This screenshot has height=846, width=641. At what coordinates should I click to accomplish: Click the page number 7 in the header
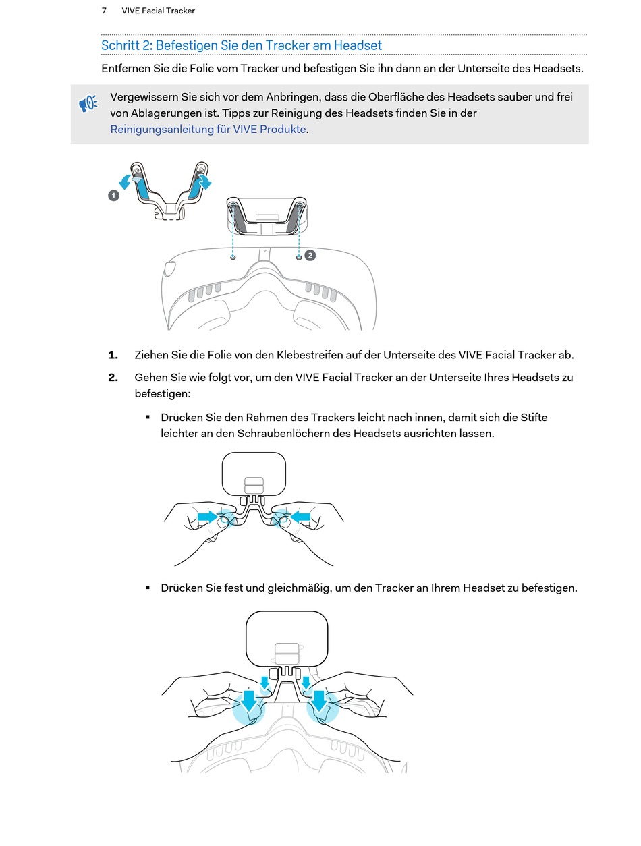coord(104,11)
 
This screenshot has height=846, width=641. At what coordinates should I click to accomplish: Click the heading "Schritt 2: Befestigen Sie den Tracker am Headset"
coord(241,45)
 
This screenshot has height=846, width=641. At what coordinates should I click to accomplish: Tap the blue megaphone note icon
coord(88,104)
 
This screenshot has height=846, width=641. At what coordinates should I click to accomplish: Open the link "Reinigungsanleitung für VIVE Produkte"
coord(208,129)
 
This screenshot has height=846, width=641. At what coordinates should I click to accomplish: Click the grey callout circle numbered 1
coord(113,196)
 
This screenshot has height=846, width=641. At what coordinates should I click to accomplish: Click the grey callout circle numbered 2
coord(310,255)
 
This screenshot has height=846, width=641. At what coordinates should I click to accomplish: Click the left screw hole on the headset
coord(233,257)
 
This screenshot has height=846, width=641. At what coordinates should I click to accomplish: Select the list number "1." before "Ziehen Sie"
coord(113,355)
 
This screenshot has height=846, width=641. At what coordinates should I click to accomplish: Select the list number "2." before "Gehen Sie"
coord(113,378)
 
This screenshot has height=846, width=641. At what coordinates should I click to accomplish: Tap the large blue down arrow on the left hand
coord(250,701)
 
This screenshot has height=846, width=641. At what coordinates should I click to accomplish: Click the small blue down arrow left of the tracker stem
coord(265,682)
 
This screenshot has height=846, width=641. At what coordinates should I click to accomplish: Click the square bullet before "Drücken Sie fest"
coord(148,588)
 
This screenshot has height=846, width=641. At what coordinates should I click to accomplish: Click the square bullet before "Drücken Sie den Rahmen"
coord(148,417)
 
